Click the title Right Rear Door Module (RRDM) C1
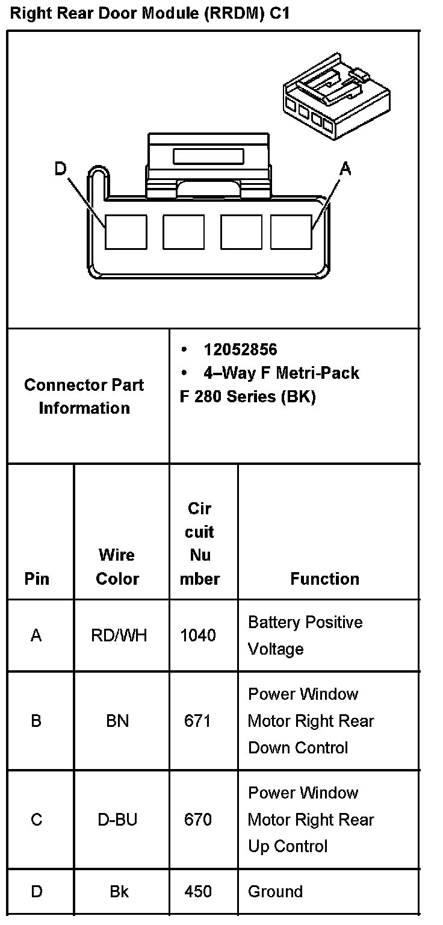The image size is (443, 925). [x=150, y=14]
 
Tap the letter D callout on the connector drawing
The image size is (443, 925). [x=60, y=169]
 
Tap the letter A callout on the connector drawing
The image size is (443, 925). [x=345, y=169]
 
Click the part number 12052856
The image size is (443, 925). [x=240, y=350]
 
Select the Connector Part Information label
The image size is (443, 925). [x=84, y=396]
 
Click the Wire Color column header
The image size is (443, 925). [x=117, y=567]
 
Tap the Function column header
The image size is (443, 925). [x=324, y=579]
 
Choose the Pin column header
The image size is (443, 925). [x=37, y=579]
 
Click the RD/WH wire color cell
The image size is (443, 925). [x=119, y=635]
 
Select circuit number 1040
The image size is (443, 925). [x=198, y=635]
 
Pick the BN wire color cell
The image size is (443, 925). [x=117, y=721]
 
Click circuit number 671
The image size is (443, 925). [x=198, y=721]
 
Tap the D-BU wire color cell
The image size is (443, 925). [x=117, y=820]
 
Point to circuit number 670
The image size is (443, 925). [x=198, y=820]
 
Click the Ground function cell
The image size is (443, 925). [x=275, y=891]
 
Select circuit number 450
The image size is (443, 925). [x=198, y=891]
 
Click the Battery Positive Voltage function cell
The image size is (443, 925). [x=305, y=635]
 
